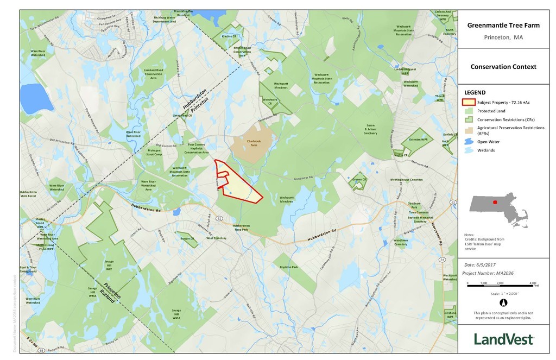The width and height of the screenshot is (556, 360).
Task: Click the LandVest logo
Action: pos(503,339)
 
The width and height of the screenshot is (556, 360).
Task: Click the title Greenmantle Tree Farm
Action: pos(503,25)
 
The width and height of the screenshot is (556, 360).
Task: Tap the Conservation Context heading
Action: pos(503,67)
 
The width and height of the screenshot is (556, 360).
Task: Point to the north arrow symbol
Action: pos(503,303)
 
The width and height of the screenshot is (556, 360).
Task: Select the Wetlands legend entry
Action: pos(486,150)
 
